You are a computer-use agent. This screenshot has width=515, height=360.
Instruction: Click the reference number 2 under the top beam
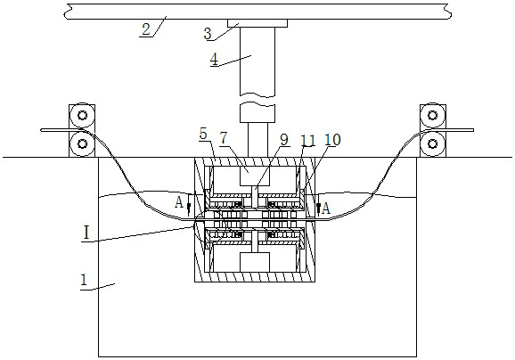(146, 29)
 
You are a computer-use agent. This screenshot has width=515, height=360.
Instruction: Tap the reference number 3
(208, 34)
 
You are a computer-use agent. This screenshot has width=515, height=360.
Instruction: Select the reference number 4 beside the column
(214, 60)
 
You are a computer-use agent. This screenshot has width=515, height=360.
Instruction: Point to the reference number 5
(204, 134)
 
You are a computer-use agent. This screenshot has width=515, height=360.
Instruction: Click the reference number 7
(224, 138)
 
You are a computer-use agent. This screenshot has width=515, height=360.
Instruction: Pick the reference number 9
(284, 139)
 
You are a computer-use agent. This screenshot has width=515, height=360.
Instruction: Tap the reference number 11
(308, 140)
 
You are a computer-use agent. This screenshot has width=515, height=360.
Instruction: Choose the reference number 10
(332, 140)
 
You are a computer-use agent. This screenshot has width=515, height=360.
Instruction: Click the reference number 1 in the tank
(84, 280)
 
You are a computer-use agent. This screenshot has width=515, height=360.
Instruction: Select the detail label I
(86, 233)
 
